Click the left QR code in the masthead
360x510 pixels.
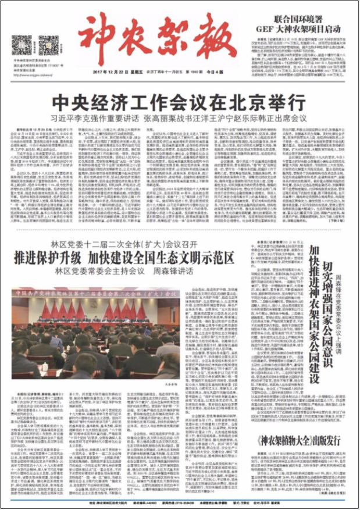pyautogui.click(x=22, y=44)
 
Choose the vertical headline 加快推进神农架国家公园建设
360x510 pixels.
pyautogui.click(x=314, y=315)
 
